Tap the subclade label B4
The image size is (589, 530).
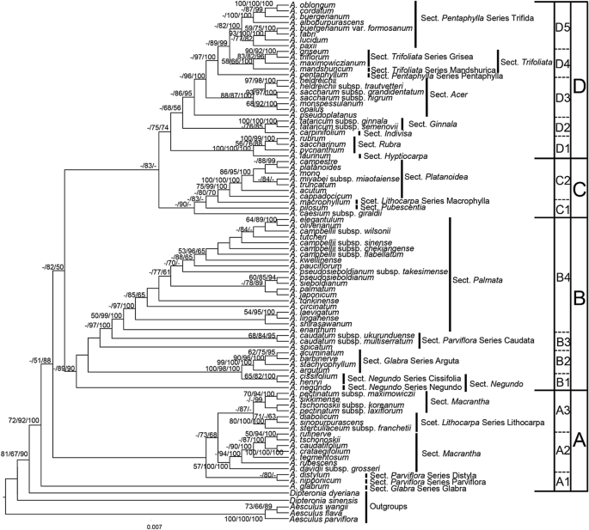pyautogui.click(x=562, y=277)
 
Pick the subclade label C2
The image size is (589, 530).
pyautogui.click(x=562, y=180)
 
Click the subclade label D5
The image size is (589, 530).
pyautogui.click(x=562, y=27)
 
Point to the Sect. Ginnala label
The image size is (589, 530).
pyautogui.click(x=437, y=124)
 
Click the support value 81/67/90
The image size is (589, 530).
pyautogui.click(x=16, y=453)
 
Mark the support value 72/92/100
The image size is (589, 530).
pyautogui.click(x=25, y=421)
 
